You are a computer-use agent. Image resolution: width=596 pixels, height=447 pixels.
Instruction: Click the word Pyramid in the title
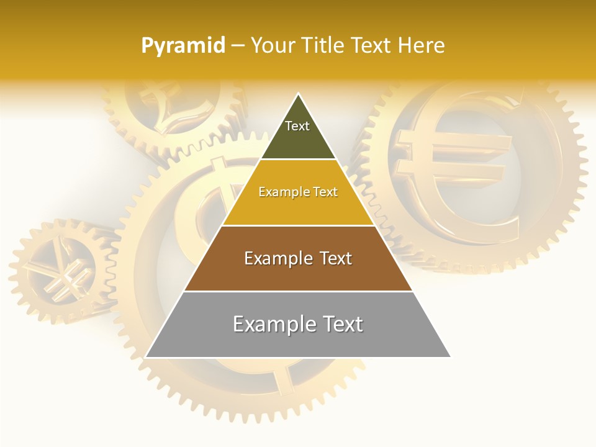click(x=183, y=46)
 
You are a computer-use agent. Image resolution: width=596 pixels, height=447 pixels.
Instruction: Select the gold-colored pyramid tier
click(x=298, y=208)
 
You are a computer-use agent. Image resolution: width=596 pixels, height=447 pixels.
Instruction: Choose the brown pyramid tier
click(x=298, y=273)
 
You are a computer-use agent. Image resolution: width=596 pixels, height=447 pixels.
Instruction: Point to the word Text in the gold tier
click(x=325, y=192)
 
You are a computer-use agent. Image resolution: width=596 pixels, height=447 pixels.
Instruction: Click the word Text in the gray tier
click(x=342, y=324)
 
